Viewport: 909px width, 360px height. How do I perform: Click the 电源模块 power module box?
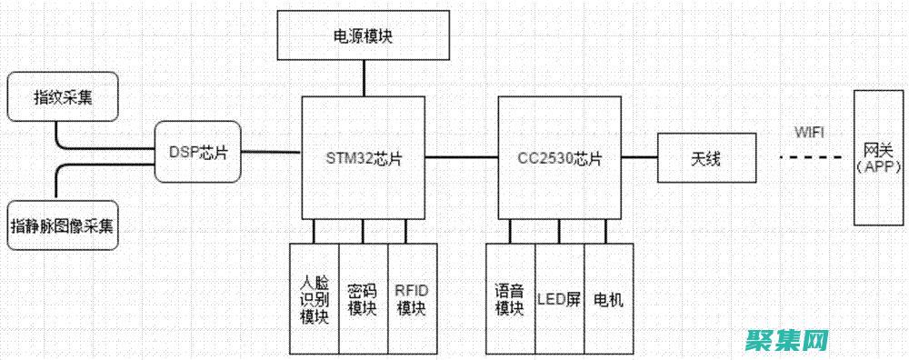click(364, 36)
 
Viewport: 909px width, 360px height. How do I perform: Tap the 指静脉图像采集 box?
click(63, 225)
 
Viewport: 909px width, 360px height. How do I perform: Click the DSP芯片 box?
click(197, 151)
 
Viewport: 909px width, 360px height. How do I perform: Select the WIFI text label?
click(809, 132)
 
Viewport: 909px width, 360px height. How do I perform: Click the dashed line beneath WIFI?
click(809, 158)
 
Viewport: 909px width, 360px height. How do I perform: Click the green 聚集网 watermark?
click(787, 340)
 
